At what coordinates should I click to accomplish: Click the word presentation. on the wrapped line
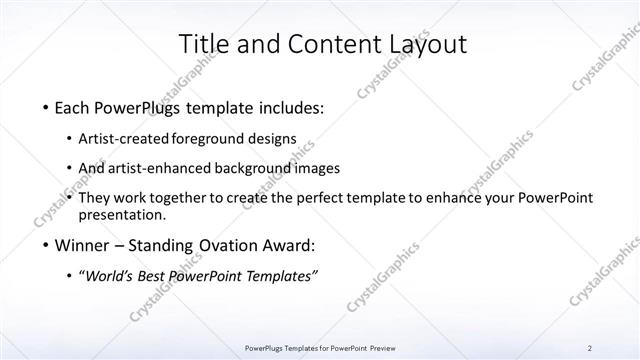(125, 215)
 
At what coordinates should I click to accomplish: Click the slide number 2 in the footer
(590, 347)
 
